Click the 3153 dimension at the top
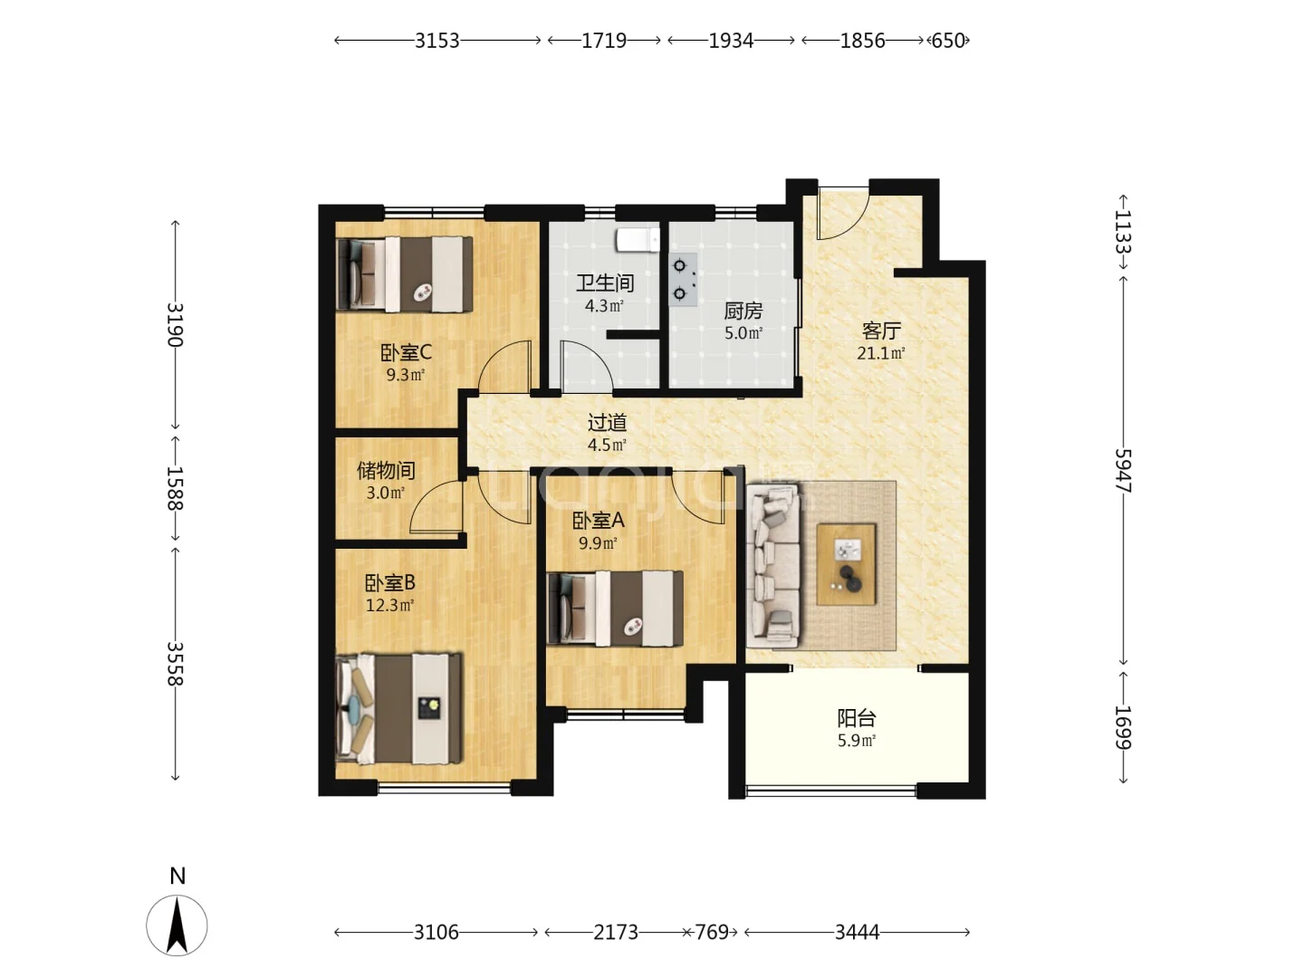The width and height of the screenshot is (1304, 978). tap(436, 41)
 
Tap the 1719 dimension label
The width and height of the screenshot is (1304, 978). tap(604, 41)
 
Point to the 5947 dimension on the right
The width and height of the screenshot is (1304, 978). tap(1123, 470)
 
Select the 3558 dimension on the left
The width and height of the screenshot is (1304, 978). tap(175, 663)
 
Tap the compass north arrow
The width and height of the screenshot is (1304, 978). tap(177, 925)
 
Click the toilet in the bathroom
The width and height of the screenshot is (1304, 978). tap(638, 241)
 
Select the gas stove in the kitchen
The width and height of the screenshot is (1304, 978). tap(683, 280)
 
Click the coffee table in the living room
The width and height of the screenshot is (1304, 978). tap(846, 564)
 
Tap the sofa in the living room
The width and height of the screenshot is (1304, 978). tap(773, 565)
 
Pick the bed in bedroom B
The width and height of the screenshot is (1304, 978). tap(398, 708)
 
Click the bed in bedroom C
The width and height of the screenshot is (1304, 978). tap(405, 274)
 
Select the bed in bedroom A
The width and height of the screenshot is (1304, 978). tap(615, 608)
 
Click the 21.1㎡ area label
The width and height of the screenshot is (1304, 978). tap(880, 353)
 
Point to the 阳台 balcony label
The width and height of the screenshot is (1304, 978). tap(856, 718)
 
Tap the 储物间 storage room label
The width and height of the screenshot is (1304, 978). tap(386, 471)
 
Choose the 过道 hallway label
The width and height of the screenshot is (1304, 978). tap(607, 423)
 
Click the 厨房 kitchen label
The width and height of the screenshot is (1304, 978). tap(743, 312)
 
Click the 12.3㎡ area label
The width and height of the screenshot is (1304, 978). tap(389, 606)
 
